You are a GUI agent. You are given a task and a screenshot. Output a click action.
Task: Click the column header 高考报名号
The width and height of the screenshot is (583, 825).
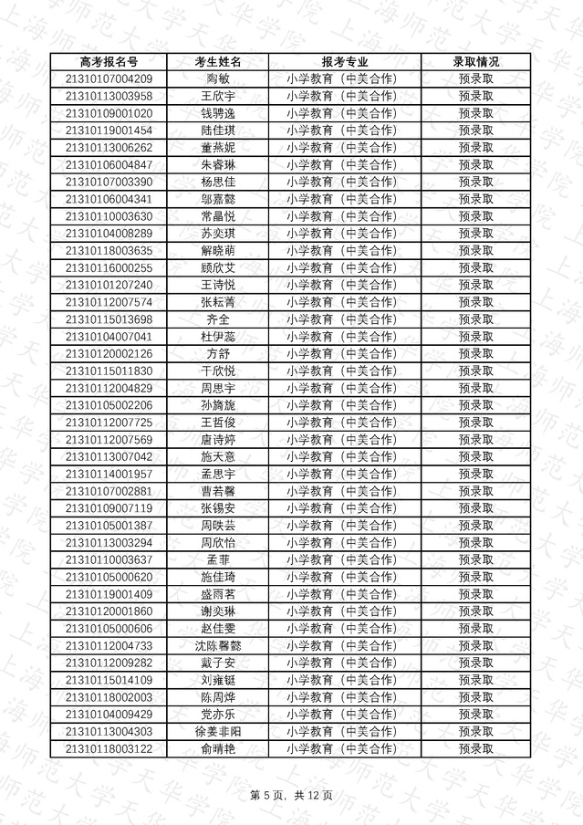(x=109, y=62)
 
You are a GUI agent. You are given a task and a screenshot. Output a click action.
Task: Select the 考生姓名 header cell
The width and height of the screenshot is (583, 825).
(x=218, y=62)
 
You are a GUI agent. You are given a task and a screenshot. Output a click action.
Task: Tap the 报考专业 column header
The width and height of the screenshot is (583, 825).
(x=344, y=62)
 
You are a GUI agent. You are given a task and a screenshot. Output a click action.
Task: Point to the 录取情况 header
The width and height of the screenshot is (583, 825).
(x=475, y=62)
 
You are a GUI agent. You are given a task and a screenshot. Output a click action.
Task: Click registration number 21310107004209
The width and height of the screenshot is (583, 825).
(x=109, y=78)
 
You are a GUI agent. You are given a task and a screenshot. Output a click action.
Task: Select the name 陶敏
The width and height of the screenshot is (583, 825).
(x=218, y=78)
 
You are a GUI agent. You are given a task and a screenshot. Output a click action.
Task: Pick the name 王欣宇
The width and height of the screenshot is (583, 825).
(x=218, y=96)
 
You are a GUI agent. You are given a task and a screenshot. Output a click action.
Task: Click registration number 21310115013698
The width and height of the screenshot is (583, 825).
(x=109, y=319)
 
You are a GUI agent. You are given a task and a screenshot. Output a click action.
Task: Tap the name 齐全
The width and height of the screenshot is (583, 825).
(x=218, y=319)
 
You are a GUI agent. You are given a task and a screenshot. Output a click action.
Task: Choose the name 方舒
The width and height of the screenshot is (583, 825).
(x=218, y=354)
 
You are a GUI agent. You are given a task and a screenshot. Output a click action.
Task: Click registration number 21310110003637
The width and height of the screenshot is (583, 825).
(x=109, y=559)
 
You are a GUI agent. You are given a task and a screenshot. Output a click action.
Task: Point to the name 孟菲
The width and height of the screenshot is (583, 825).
(x=218, y=559)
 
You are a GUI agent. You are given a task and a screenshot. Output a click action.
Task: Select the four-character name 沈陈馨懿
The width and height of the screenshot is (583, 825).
(x=218, y=645)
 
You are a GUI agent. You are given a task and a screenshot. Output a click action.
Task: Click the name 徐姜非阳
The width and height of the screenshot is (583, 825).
(x=218, y=731)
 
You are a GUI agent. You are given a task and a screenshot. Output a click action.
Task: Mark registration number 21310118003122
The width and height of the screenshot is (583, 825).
(x=109, y=748)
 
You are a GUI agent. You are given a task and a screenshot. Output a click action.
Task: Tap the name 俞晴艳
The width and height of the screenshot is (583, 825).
(x=218, y=748)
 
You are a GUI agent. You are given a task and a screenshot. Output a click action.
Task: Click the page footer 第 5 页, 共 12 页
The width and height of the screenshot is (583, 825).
(x=291, y=796)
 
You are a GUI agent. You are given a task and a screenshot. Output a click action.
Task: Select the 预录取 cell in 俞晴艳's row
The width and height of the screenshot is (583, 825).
(x=475, y=748)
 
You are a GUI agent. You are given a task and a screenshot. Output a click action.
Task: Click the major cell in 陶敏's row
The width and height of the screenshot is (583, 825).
(x=344, y=78)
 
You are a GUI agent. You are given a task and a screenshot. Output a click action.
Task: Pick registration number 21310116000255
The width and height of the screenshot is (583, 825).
(x=109, y=267)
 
